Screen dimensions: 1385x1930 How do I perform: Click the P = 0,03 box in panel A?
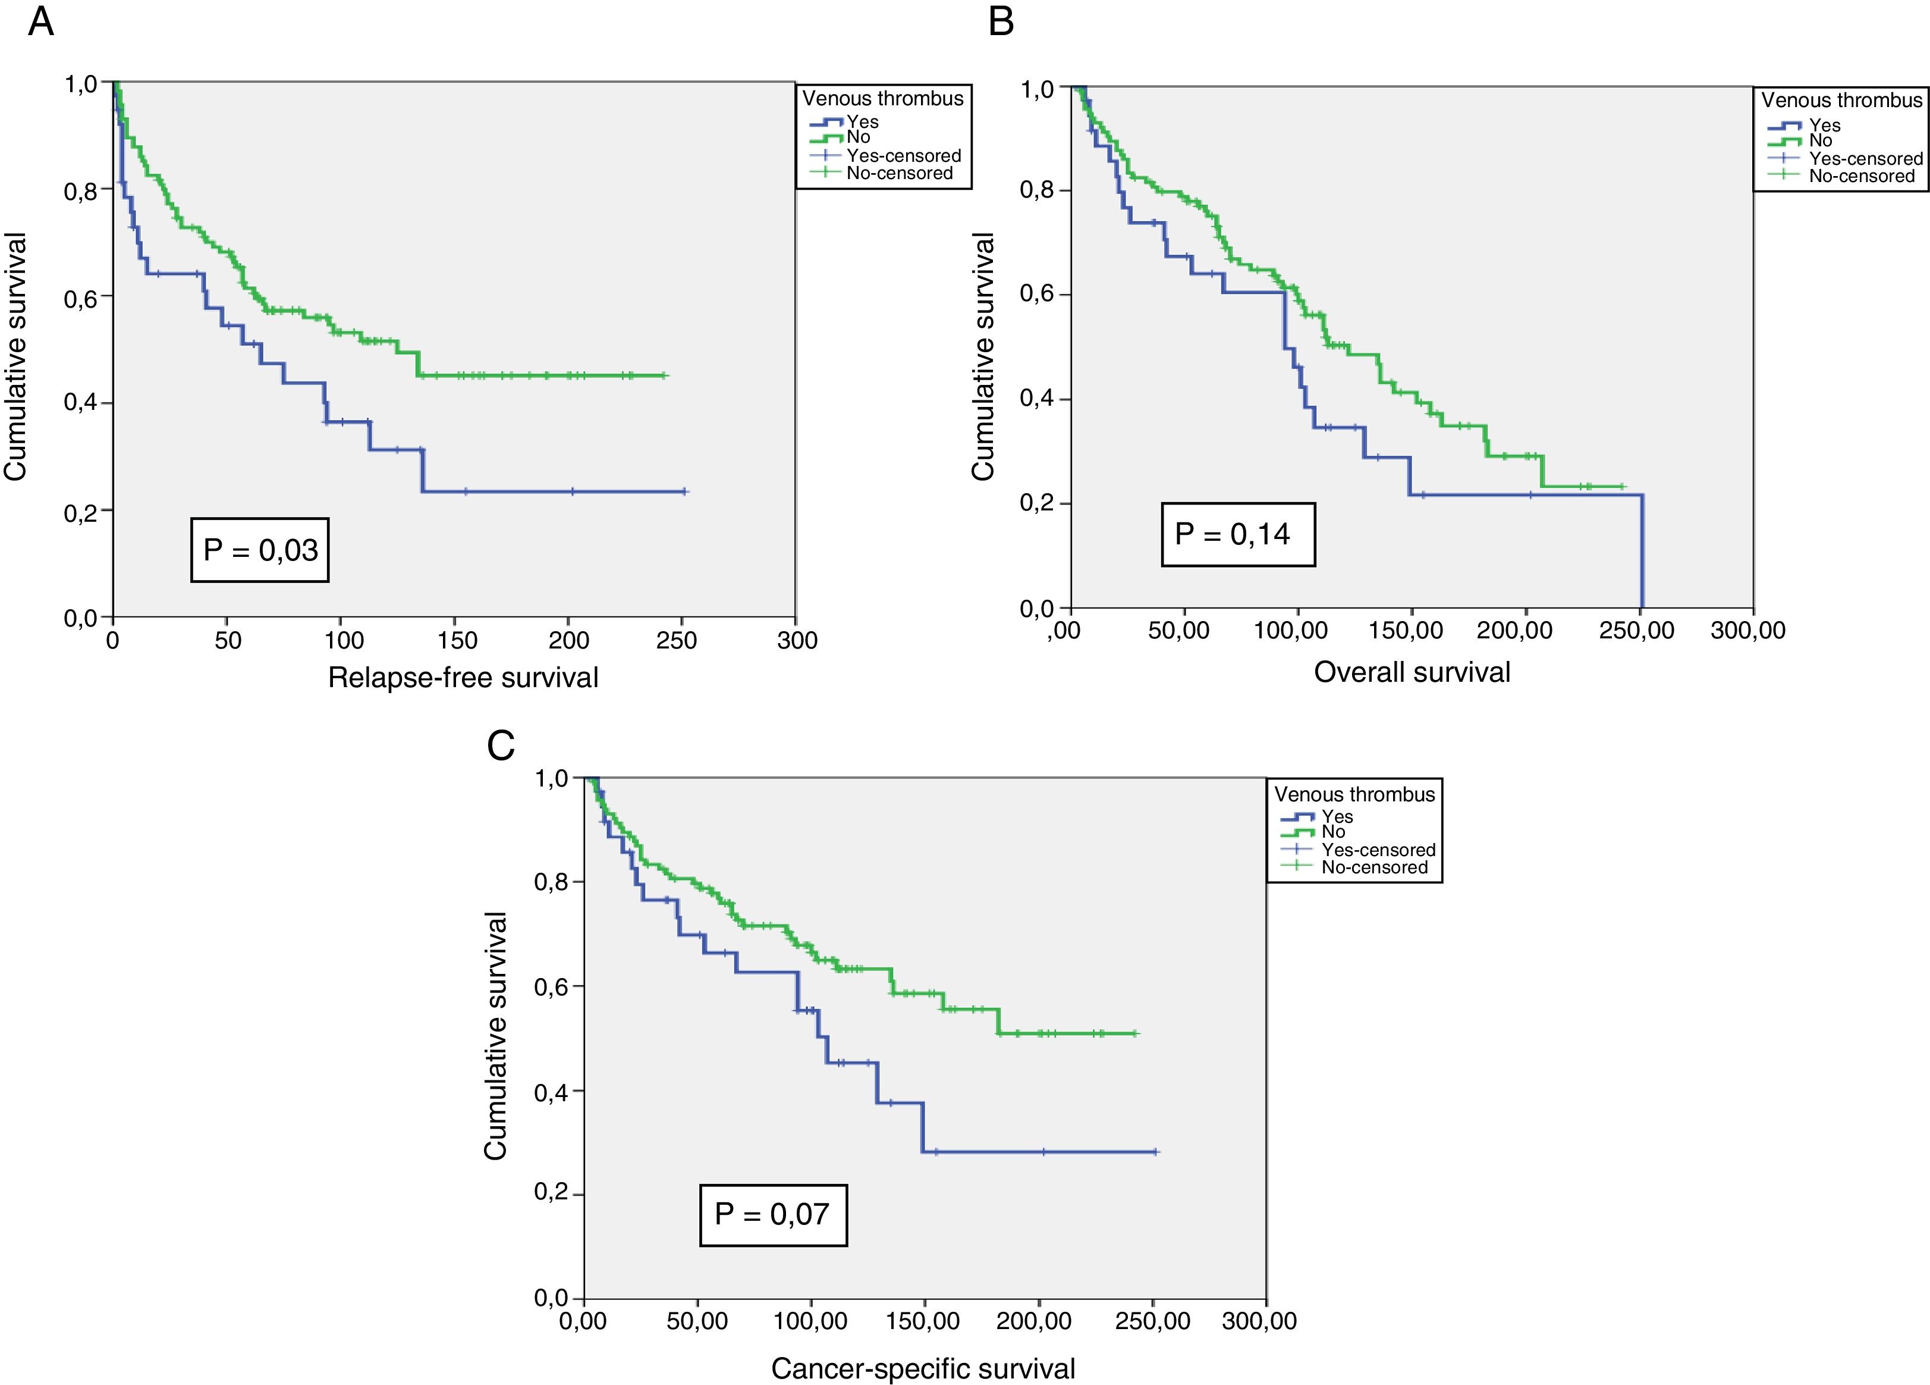260,550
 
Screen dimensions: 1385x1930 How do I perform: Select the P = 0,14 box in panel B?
1237,535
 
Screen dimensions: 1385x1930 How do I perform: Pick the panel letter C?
501,745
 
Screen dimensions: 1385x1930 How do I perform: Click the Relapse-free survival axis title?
463,678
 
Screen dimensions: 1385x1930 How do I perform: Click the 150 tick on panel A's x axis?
457,640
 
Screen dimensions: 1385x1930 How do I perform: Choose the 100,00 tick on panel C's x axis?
810,1321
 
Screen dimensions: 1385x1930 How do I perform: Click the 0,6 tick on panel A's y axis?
81,296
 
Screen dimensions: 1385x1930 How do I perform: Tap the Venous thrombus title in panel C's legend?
1354,794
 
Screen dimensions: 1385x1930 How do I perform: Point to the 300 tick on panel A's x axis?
797,640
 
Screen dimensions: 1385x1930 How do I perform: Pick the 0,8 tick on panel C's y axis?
551,882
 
